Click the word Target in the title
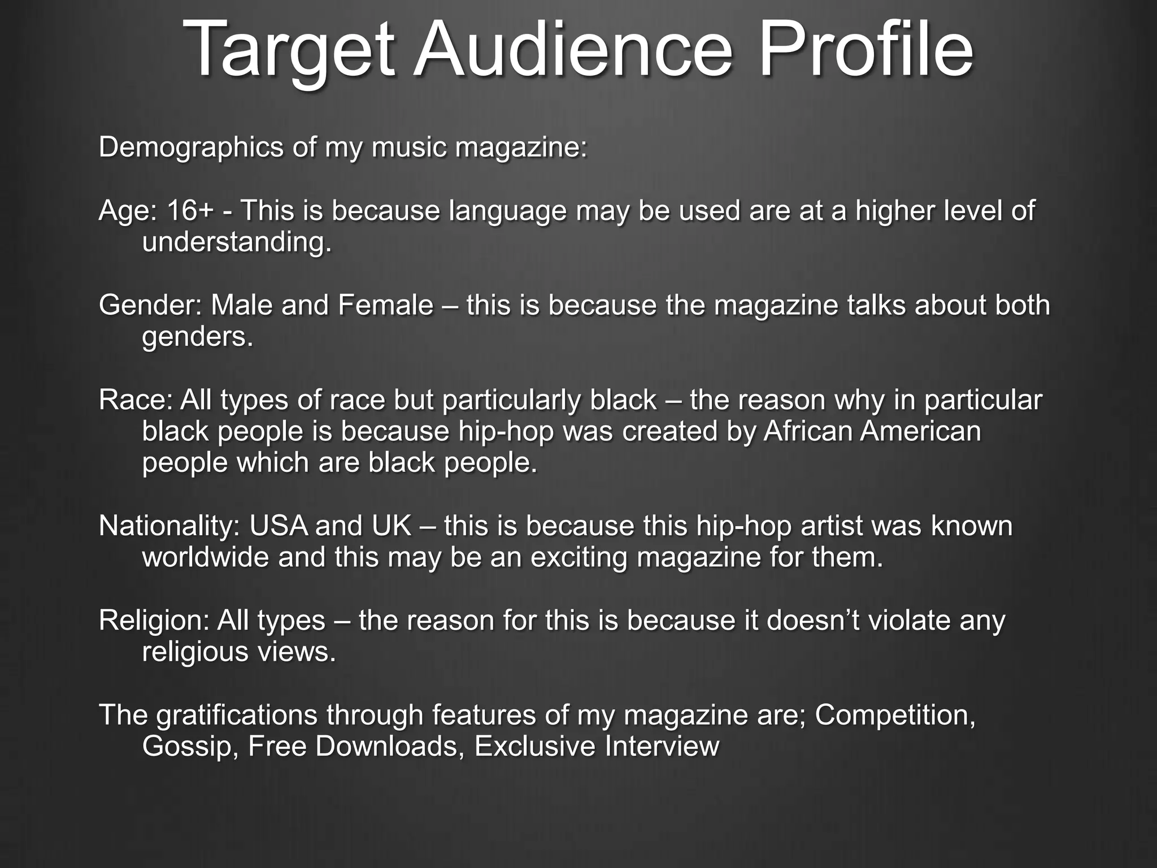pos(288,51)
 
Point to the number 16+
pos(190,211)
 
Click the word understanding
pos(236,243)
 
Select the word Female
pos(385,306)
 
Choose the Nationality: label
pos(169,526)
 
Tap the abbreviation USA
pos(278,526)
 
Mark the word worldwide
pos(206,558)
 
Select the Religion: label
pos(154,620)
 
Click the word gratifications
pos(237,715)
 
